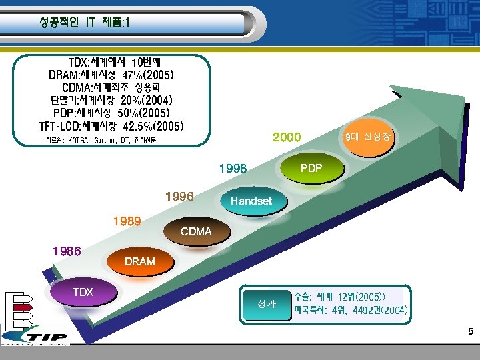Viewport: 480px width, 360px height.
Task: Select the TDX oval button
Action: pos(83,293)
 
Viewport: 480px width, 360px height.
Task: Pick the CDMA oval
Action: pos(195,232)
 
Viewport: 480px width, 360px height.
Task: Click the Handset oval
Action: pos(251,201)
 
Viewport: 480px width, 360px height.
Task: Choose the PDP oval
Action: pos(311,169)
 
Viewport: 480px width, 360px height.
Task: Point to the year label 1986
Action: pos(67,251)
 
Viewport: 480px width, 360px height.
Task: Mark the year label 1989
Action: pos(127,221)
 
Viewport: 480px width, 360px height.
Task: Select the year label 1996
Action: pos(179,197)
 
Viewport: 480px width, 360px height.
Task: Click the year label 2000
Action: pos(287,137)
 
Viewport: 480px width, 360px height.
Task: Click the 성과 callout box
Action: pos(267,304)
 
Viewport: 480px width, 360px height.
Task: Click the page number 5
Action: pos(471,331)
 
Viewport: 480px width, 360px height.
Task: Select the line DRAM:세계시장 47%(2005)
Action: pos(111,75)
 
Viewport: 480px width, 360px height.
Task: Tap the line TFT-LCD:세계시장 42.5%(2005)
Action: pos(111,125)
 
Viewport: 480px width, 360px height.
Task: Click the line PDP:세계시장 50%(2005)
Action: pos(111,113)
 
